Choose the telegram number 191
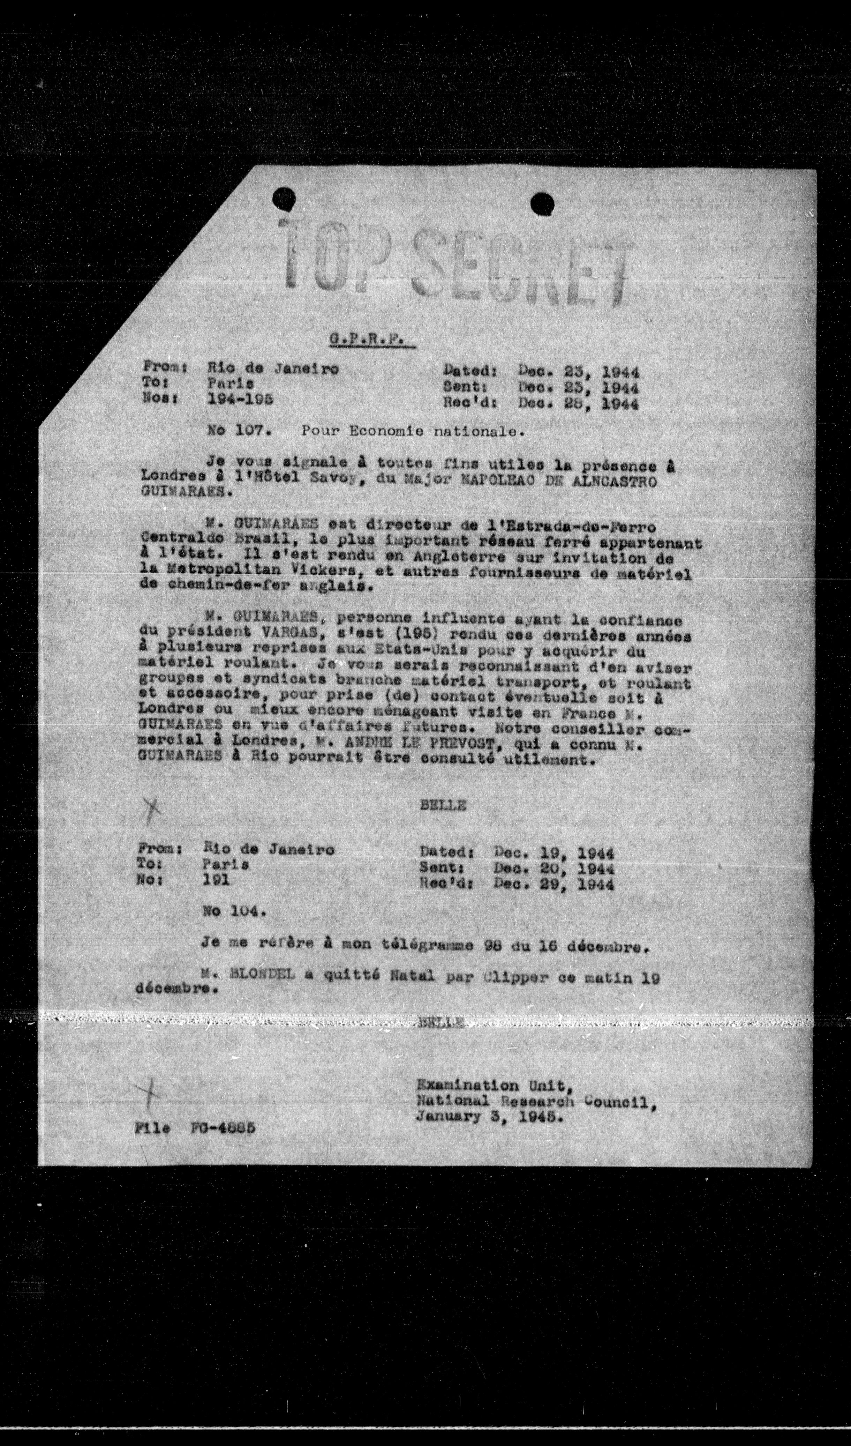click(x=216, y=880)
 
